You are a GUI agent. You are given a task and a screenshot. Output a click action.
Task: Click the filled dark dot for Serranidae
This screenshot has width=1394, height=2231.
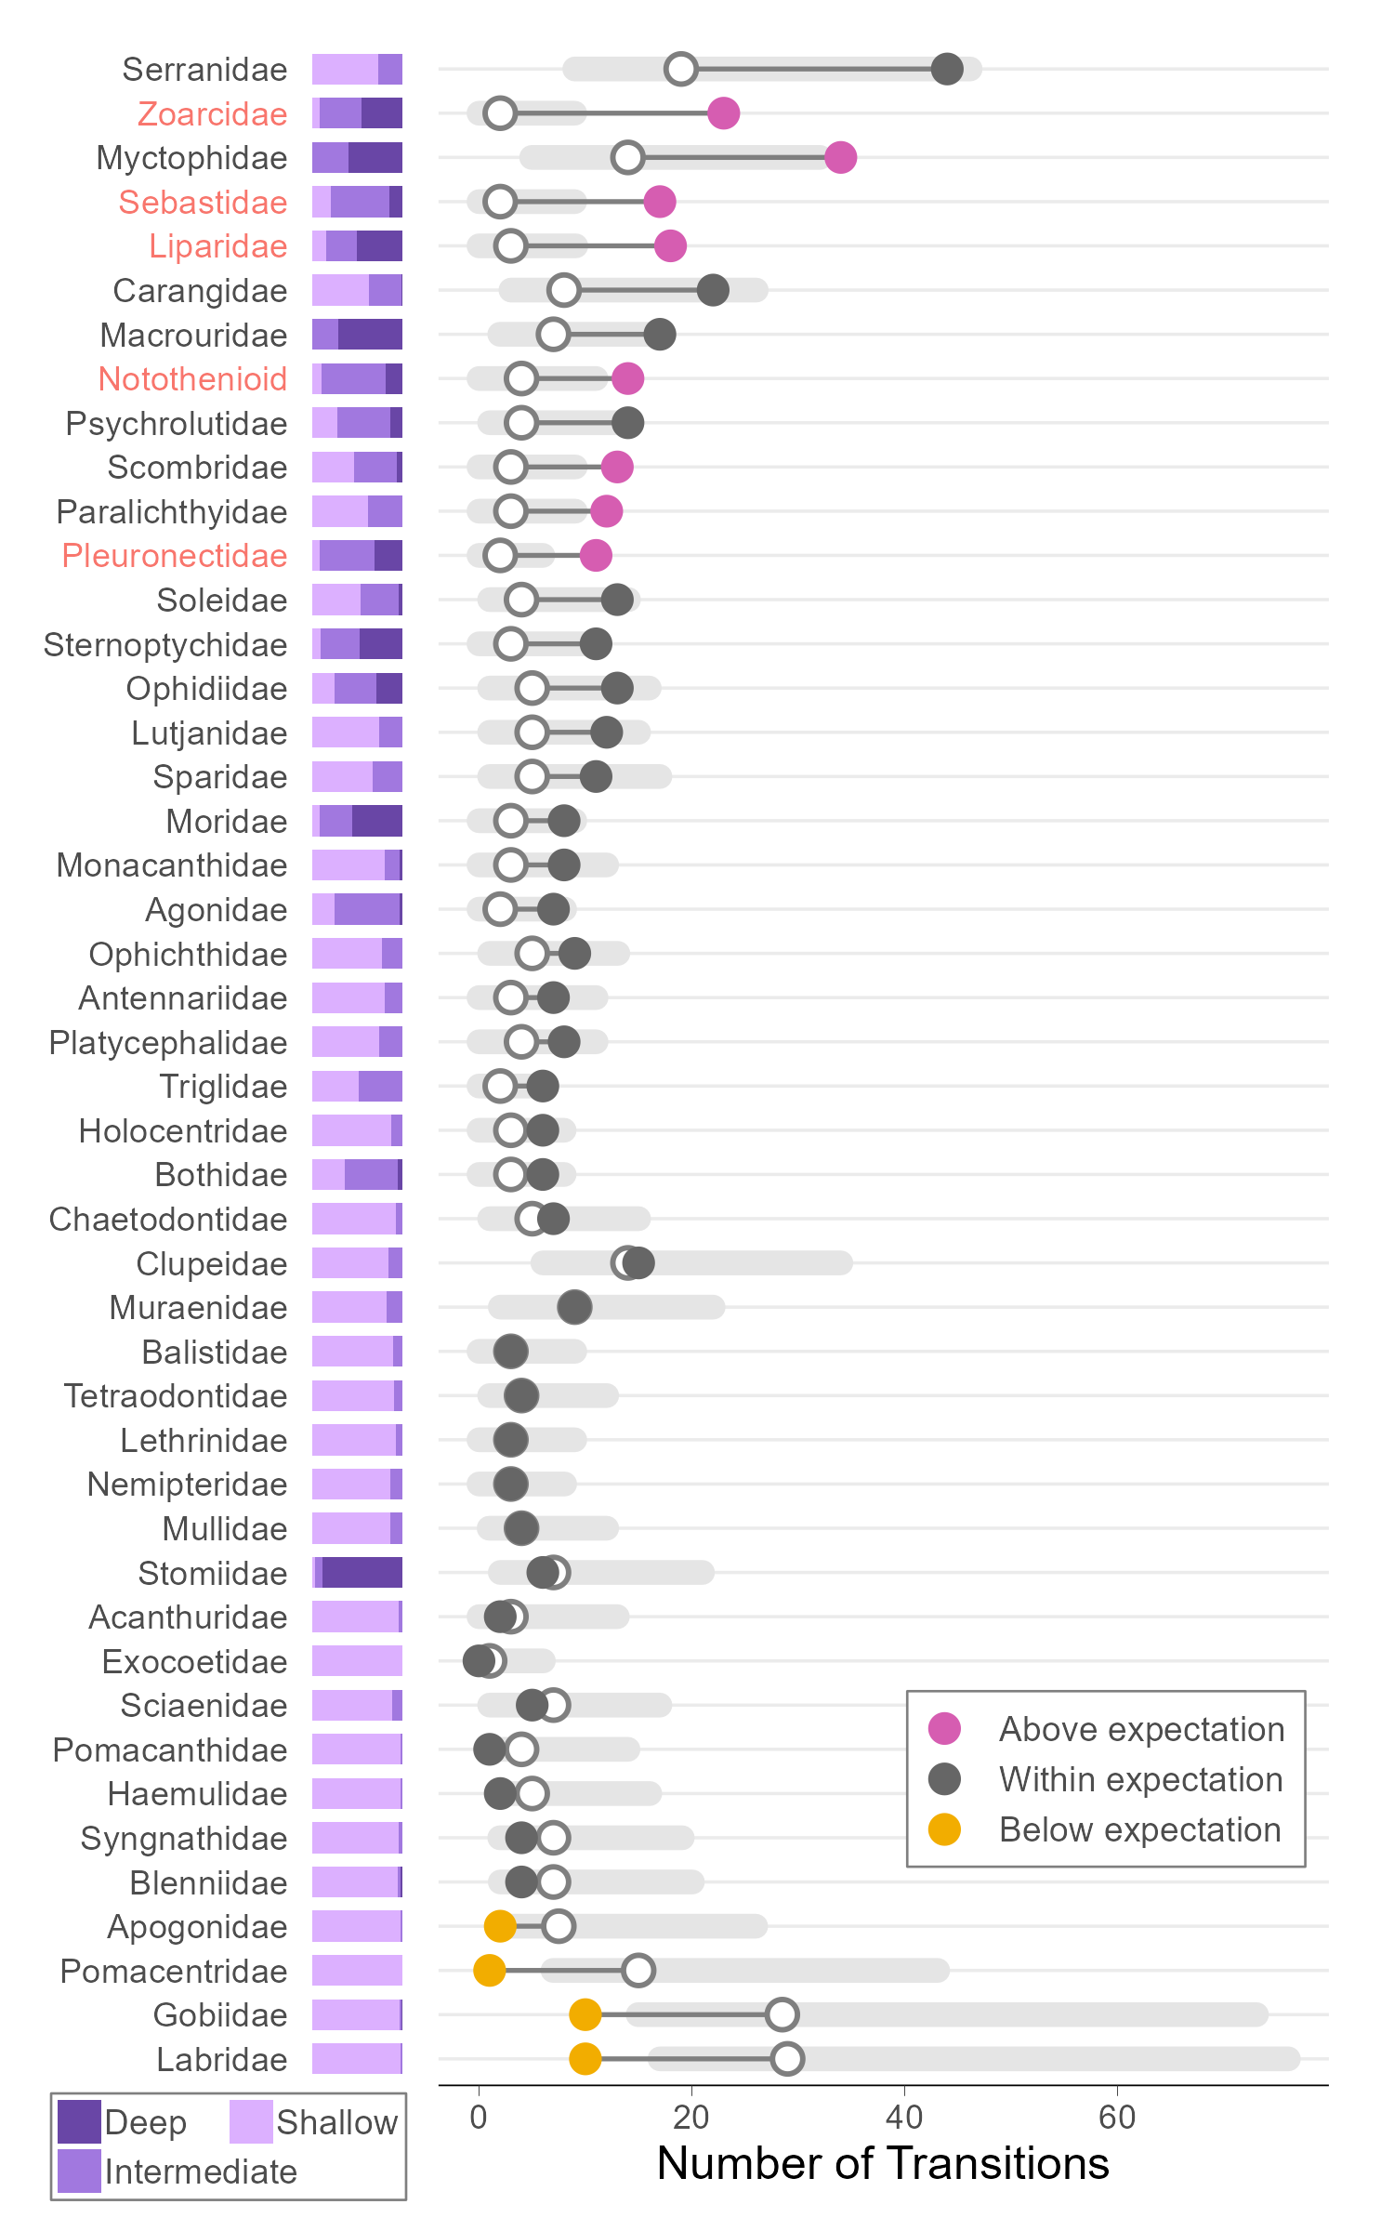click(x=946, y=69)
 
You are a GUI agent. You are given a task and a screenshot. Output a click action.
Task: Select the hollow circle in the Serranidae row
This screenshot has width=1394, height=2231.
click(x=681, y=69)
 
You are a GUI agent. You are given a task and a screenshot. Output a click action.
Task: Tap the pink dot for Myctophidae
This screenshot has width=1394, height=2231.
click(x=840, y=157)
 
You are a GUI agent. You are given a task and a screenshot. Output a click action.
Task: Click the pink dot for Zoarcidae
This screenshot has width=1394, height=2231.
click(x=723, y=113)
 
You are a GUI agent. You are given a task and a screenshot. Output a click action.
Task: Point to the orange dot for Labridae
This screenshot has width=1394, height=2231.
click(x=585, y=2058)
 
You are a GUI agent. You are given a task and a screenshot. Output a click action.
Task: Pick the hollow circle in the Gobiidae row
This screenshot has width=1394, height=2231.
click(x=782, y=2014)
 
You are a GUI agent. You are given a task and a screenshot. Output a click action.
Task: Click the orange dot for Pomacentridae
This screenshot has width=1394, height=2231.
click(x=489, y=1970)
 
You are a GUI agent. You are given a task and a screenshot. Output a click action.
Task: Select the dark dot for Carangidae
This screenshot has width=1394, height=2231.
click(x=713, y=290)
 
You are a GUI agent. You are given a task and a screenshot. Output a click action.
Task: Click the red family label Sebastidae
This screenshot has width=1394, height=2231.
click(x=203, y=203)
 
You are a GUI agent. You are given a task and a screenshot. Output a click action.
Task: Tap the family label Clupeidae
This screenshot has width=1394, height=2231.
click(x=211, y=1263)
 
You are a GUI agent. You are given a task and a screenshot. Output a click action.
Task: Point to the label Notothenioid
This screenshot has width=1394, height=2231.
click(x=192, y=379)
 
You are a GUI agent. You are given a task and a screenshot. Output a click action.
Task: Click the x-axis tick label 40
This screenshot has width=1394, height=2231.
click(x=903, y=2118)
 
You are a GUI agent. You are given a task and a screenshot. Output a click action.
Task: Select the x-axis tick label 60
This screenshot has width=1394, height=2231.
click(x=1116, y=2118)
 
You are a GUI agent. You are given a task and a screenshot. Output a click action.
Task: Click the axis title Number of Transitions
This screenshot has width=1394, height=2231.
click(x=883, y=2163)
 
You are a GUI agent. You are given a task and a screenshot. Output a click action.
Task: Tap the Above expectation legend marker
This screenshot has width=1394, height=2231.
click(x=944, y=1728)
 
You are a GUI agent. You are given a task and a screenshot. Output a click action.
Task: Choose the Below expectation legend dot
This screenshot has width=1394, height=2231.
click(x=944, y=1828)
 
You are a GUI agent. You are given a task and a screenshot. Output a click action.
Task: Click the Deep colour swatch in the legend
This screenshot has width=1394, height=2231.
click(x=79, y=2121)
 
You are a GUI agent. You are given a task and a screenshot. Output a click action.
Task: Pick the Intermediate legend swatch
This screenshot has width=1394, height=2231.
click(x=79, y=2171)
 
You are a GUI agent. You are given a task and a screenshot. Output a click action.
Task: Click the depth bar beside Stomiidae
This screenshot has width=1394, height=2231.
click(x=357, y=1573)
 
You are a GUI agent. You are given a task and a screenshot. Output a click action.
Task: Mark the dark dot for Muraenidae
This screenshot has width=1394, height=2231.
click(x=574, y=1307)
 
